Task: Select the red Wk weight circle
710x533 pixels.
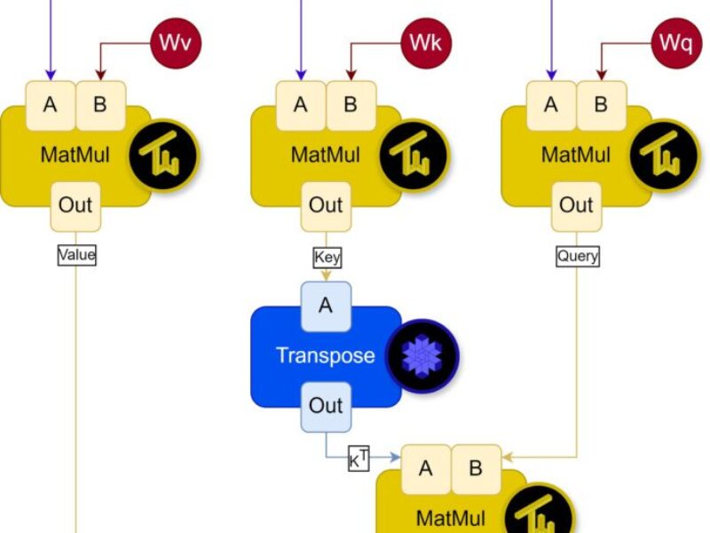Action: (x=428, y=42)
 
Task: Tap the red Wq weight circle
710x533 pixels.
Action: (x=678, y=42)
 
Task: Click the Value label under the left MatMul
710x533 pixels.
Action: (x=76, y=255)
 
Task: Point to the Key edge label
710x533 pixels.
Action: (x=327, y=258)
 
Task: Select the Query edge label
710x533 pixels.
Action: (x=577, y=256)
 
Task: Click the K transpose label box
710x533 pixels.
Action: (x=358, y=459)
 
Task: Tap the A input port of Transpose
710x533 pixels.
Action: (x=326, y=306)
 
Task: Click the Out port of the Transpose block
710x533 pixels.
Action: (x=326, y=406)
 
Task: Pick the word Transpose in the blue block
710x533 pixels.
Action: (x=325, y=356)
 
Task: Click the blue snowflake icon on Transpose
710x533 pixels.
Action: (x=422, y=356)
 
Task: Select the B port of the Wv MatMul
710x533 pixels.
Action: (x=100, y=105)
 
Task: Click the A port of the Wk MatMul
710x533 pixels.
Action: (x=301, y=105)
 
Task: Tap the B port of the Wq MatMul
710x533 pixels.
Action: (x=601, y=105)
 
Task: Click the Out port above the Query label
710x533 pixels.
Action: (x=576, y=206)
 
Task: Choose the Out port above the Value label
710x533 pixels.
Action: (x=75, y=206)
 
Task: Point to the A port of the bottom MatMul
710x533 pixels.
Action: (x=426, y=468)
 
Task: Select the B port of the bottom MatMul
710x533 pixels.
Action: (x=476, y=468)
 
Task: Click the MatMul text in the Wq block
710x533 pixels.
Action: (x=576, y=155)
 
